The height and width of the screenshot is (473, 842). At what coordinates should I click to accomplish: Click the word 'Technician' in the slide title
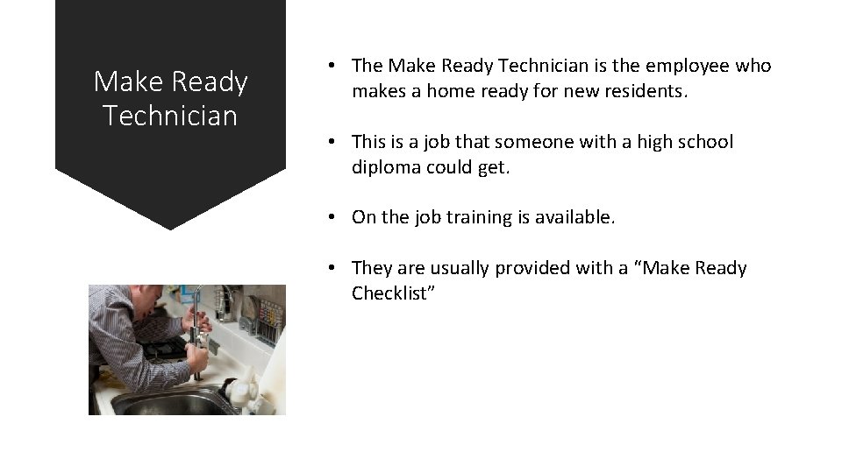[170, 115]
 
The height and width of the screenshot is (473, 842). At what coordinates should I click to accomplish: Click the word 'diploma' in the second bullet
[386, 167]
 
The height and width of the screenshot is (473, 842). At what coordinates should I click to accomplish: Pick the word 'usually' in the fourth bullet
[460, 268]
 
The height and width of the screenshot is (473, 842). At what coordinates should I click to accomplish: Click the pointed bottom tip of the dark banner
[170, 228]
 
